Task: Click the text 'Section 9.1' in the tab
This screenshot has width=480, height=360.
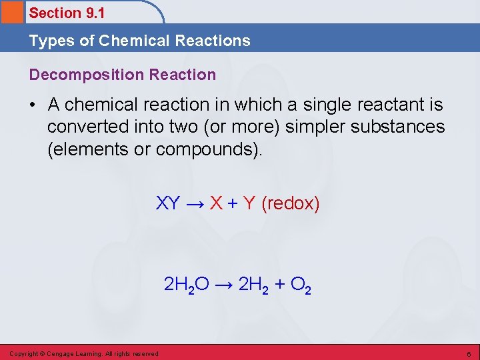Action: (67, 13)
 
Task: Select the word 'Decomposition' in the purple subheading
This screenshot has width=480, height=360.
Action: (81, 75)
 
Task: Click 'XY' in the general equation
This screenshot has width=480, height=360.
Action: (167, 203)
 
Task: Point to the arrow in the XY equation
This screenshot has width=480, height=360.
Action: (194, 203)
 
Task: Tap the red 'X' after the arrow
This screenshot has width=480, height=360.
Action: (216, 203)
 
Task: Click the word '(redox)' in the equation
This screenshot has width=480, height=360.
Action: (291, 203)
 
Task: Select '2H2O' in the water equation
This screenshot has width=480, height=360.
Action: (187, 285)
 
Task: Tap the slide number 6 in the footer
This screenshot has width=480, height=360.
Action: (469, 353)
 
